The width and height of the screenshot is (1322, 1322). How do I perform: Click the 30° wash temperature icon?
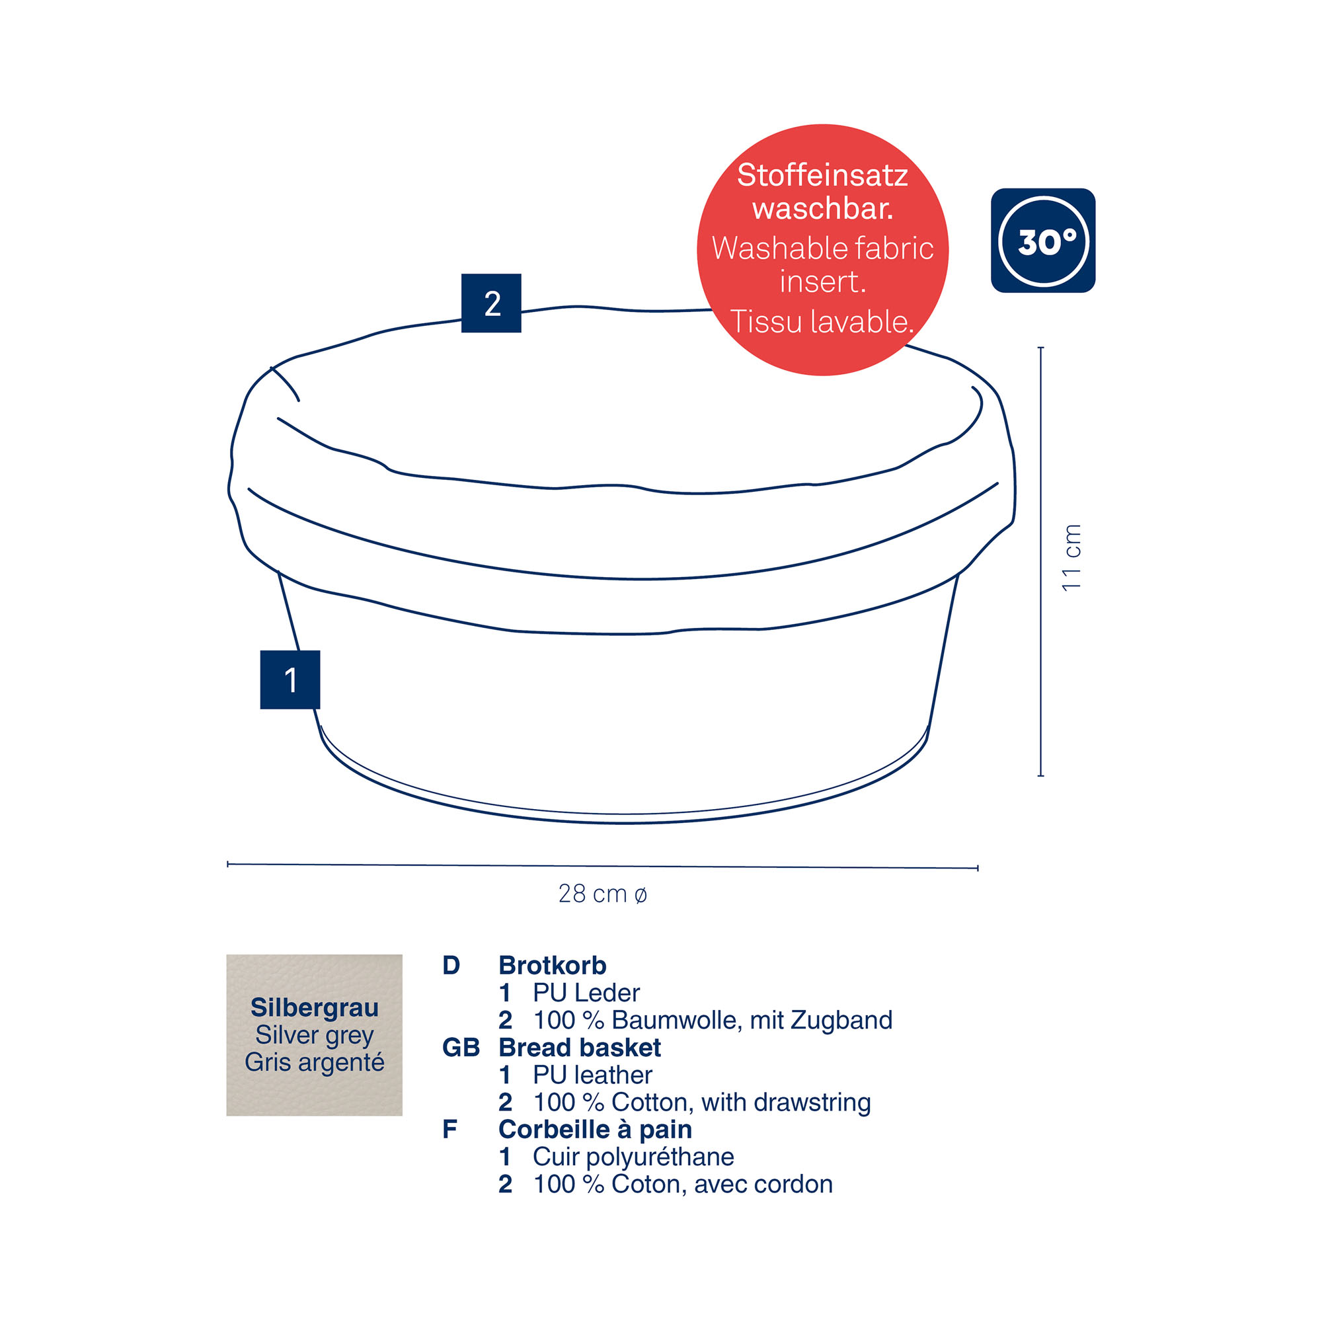(1043, 240)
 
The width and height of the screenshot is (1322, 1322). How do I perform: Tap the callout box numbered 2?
(491, 303)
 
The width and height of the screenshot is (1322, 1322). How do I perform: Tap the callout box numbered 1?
(290, 680)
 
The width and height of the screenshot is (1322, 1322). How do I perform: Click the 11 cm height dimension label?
(1071, 558)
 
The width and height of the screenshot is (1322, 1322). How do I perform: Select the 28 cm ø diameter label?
(603, 894)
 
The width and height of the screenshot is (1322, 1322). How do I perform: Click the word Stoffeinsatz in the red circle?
(822, 175)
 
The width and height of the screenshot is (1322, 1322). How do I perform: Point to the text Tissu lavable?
(822, 322)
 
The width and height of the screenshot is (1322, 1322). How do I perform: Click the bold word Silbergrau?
(315, 1007)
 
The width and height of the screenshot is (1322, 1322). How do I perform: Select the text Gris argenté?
(315, 1063)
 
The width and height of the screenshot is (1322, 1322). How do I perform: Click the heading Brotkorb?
(552, 966)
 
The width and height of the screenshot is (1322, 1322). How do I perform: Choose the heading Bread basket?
(580, 1048)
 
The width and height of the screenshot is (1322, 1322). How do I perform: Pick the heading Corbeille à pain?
(596, 1129)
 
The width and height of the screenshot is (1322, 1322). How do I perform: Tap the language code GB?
(461, 1048)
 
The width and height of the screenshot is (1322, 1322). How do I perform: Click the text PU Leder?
(586, 993)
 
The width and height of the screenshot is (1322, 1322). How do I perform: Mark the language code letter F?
(449, 1129)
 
